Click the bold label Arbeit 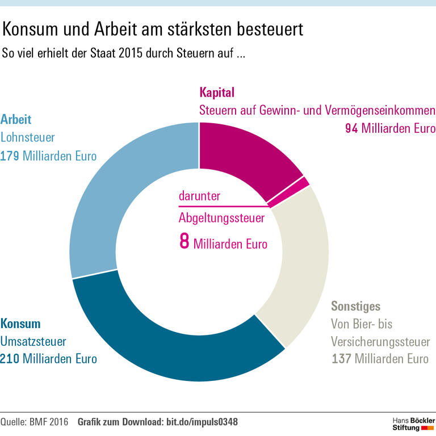click(16, 120)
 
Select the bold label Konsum click(20, 324)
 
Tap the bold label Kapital click(217, 92)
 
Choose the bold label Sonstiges click(356, 307)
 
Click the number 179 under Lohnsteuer click(10, 155)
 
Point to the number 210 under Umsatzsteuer click(10, 359)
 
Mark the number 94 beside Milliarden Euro click(351, 128)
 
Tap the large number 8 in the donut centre click(184, 241)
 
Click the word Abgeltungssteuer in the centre click(222, 217)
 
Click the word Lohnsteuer click(28, 137)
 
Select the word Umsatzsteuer click(33, 342)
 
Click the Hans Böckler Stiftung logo click(414, 422)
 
